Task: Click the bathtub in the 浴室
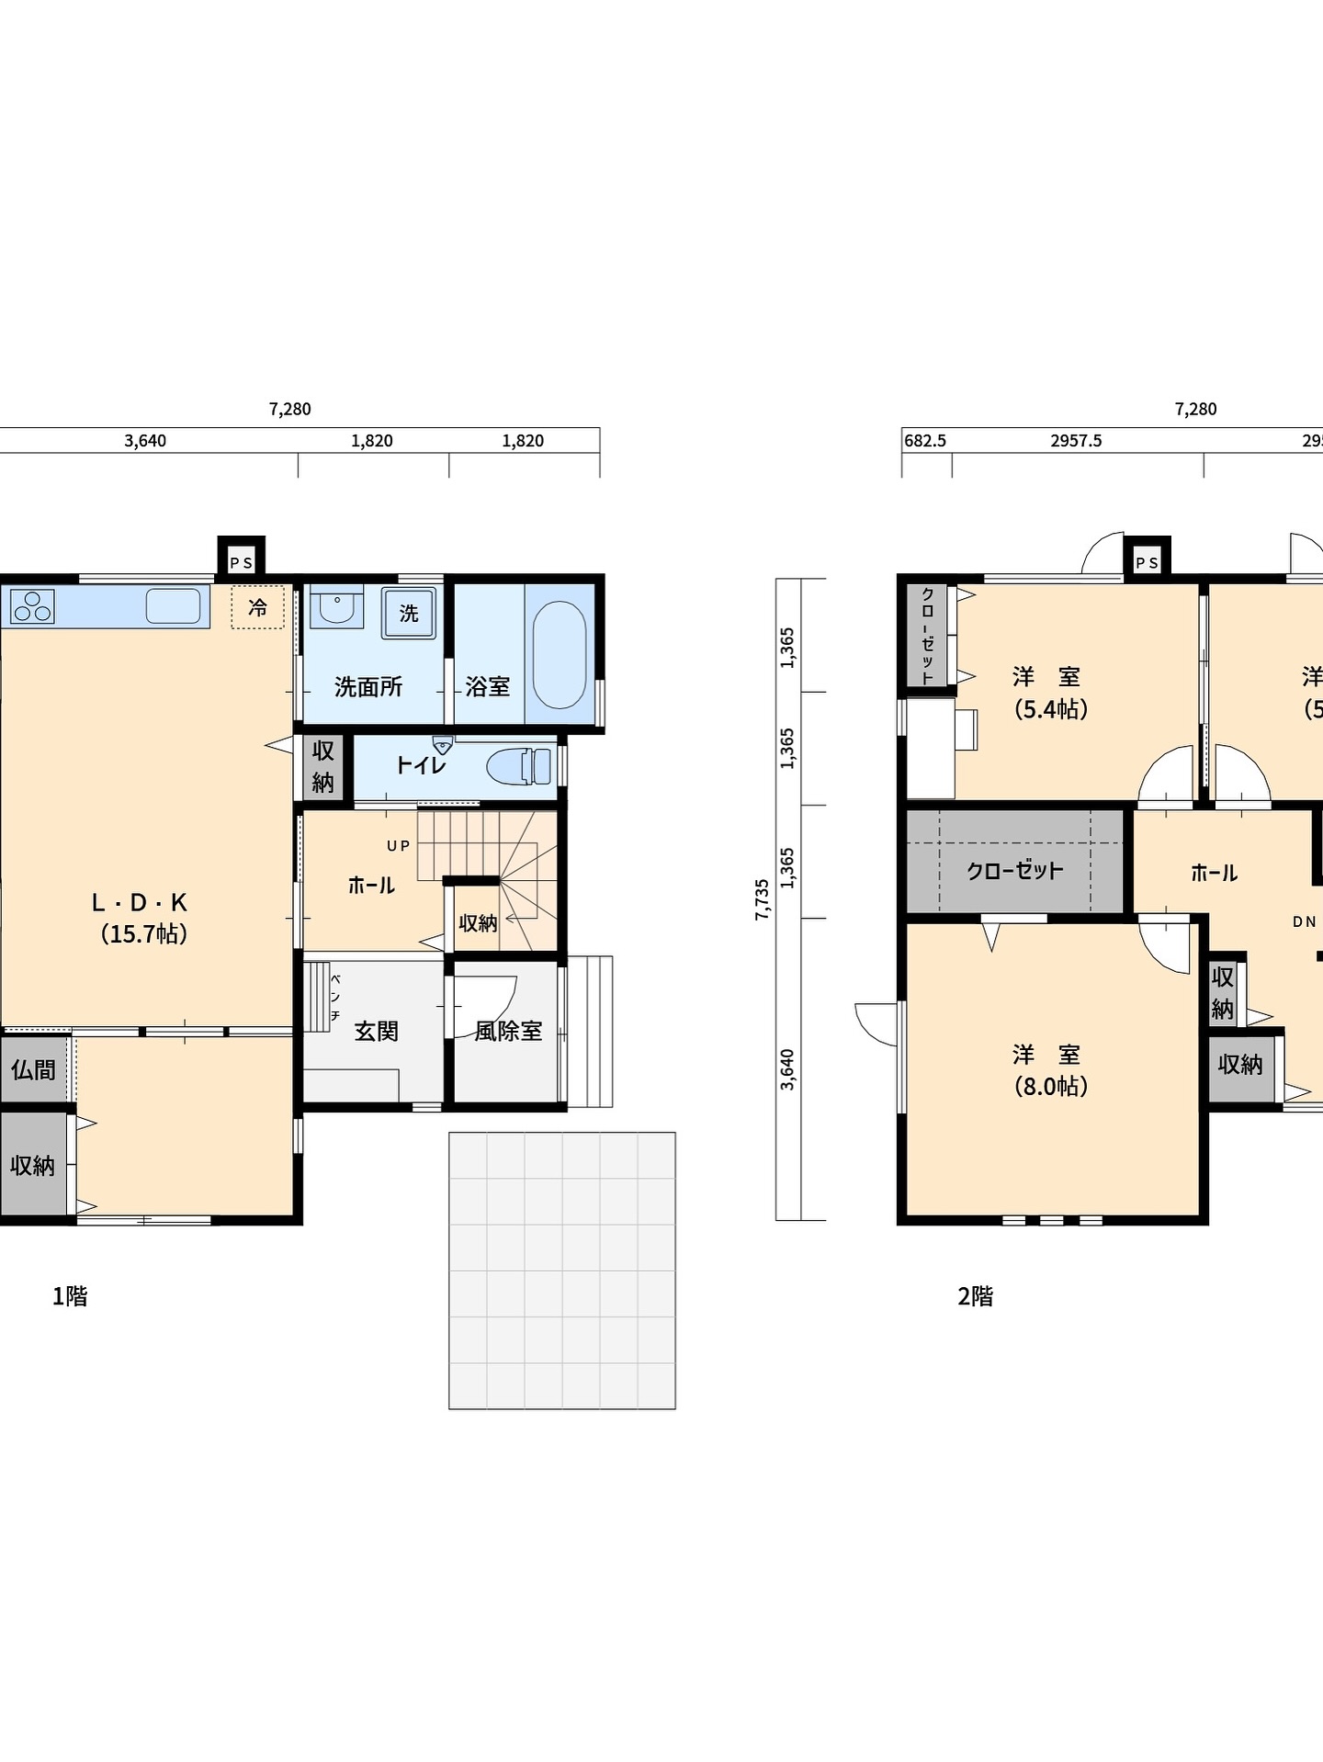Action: pos(560,654)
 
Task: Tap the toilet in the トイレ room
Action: pos(520,766)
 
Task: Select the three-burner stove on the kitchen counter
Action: pos(32,607)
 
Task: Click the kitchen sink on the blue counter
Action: pos(173,606)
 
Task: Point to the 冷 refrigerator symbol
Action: pos(258,607)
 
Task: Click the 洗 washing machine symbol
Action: pos(409,613)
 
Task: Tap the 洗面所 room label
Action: pos(368,686)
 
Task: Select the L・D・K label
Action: pos(140,902)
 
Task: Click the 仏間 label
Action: pos(33,1069)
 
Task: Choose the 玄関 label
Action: pos(377,1031)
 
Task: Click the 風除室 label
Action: pos(508,1031)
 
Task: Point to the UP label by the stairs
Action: pos(399,846)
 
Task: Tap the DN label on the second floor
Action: pos(1305,921)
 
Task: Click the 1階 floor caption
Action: pos(70,1296)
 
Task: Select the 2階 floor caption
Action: pos(976,1296)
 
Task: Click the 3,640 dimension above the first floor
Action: pos(145,441)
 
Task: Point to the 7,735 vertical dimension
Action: pos(763,899)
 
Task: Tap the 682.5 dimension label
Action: pos(925,441)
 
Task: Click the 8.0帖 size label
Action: pos(1051,1087)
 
